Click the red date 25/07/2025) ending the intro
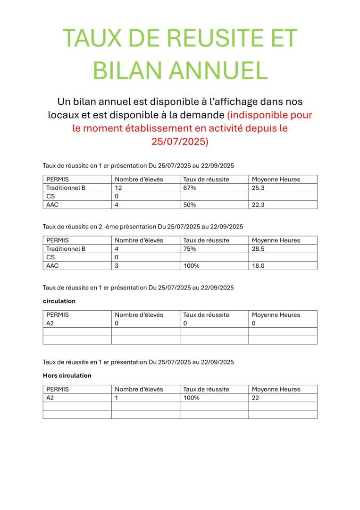pos(180,141)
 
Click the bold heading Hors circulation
pos(67,375)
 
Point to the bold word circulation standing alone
pos(59,301)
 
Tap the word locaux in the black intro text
pos(66,115)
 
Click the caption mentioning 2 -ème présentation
pos(143,227)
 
